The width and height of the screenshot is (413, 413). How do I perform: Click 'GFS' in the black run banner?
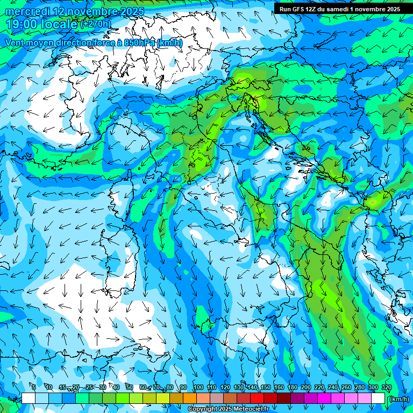click(299, 9)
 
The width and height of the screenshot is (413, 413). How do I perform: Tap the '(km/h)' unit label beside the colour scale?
click(399, 399)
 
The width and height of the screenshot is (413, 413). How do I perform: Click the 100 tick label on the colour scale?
click(198, 387)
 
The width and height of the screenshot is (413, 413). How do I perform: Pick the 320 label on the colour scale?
click(387, 387)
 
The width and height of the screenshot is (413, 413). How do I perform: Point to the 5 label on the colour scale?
click(34, 387)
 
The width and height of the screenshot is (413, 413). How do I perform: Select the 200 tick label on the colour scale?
click(305, 387)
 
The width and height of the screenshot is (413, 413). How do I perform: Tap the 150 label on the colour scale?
click(266, 387)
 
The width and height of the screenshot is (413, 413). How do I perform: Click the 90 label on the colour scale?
click(183, 387)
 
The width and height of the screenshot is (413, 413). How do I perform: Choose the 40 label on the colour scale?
click(116, 387)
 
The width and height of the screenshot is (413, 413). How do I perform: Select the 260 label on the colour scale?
click(346, 387)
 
